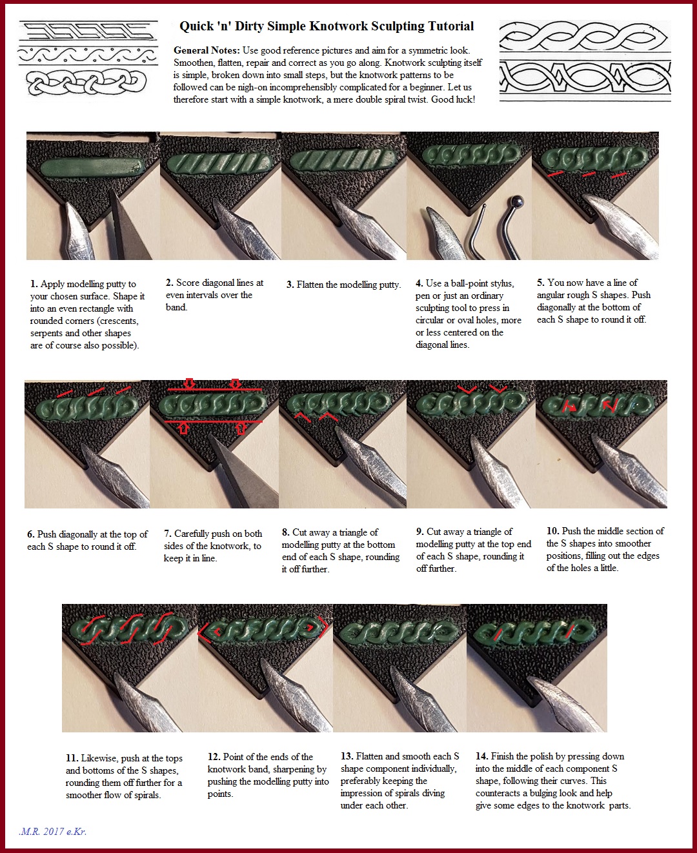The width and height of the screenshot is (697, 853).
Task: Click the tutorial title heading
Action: (x=327, y=26)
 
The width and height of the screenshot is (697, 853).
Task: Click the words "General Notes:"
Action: (x=207, y=50)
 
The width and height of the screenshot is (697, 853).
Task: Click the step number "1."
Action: (x=34, y=284)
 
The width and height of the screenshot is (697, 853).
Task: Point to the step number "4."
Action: (x=419, y=283)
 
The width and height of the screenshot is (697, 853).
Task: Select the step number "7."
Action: (x=168, y=534)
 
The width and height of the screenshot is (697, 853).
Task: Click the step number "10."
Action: (x=552, y=531)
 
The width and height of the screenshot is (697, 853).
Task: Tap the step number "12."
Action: (x=214, y=757)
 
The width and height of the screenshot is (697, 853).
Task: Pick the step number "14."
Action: (x=482, y=756)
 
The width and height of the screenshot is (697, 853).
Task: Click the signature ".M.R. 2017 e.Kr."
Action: (x=52, y=832)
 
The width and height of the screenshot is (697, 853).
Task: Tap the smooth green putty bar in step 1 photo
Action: (x=93, y=166)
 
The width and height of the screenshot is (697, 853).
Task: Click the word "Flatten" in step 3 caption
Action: (x=310, y=285)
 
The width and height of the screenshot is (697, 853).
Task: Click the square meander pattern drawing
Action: (x=88, y=31)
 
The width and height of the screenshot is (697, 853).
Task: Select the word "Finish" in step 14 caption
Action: (x=503, y=756)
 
